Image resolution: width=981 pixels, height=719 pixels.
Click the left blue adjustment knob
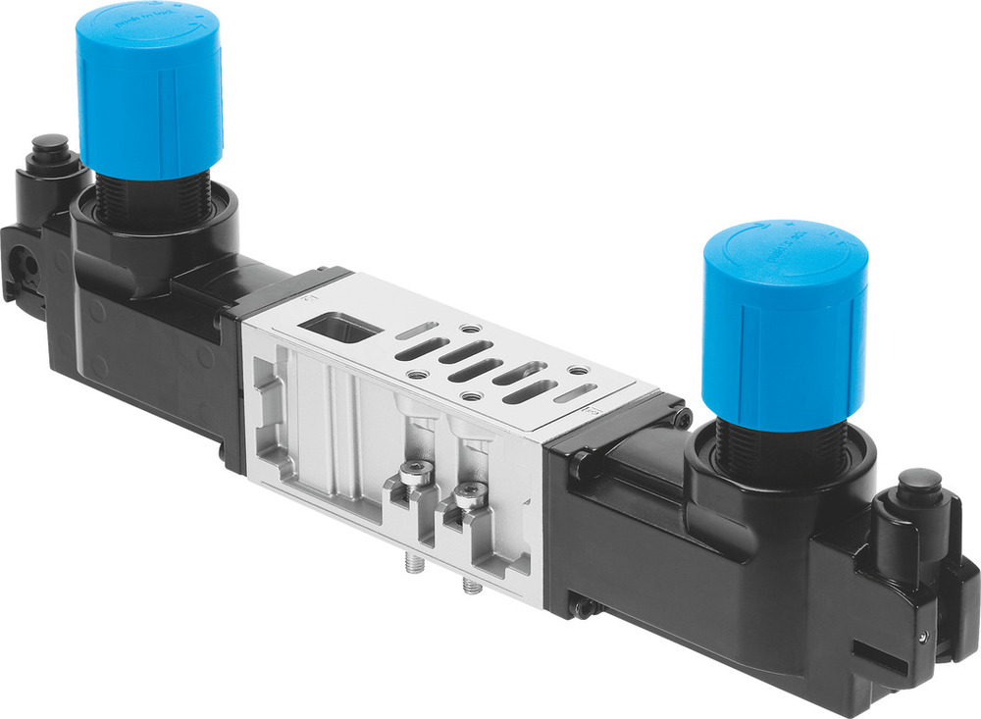pos(149,93)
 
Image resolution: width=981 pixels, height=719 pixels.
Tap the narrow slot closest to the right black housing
pos(574,393)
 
